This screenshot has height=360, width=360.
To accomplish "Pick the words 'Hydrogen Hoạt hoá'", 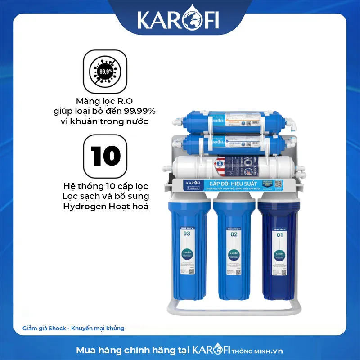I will coord(107,207).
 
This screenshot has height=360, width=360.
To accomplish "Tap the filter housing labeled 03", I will coord(187,252).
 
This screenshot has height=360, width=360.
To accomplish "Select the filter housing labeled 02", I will coord(233,252).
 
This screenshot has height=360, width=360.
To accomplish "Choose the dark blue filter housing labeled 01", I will coord(277,252).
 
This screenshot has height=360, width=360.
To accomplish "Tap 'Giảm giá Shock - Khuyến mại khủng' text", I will coord(73,328).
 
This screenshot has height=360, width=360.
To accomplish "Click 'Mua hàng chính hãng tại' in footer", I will coord(133,349).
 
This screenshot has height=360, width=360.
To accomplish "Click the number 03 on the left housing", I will coord(187,233).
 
